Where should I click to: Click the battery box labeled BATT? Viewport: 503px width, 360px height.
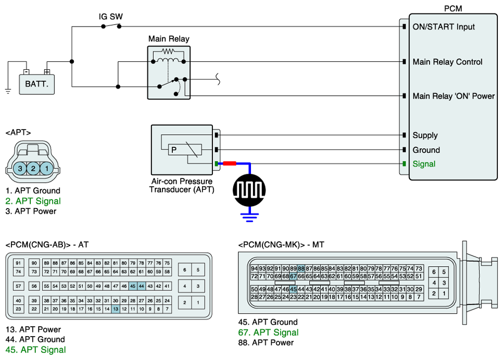coord(36,84)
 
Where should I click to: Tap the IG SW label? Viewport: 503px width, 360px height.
coord(111,17)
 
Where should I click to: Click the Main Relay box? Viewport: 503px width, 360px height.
coord(169,73)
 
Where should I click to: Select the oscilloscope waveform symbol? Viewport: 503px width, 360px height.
coord(249,190)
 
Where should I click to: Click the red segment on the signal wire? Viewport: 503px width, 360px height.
coord(229,163)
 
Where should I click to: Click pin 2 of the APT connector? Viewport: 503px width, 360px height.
coord(33,169)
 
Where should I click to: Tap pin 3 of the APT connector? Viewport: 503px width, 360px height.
coord(20,169)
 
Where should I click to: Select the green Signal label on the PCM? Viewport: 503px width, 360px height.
coord(424,164)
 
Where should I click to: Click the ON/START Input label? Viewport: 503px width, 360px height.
coord(444,27)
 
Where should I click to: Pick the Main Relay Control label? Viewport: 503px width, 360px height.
coord(447,62)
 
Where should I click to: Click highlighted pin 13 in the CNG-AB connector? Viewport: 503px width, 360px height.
coord(116,309)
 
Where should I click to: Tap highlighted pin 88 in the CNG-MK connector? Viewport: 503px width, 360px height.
coord(301,268)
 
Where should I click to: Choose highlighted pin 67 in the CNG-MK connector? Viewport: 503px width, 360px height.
coord(293,276)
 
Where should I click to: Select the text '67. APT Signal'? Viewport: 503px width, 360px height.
coord(268,332)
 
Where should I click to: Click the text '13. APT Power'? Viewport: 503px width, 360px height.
coord(33,329)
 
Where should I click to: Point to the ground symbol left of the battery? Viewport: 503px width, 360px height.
coord(8,91)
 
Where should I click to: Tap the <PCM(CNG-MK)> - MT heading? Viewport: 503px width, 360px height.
coord(281,245)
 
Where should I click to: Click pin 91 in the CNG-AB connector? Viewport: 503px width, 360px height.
coord(18,263)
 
